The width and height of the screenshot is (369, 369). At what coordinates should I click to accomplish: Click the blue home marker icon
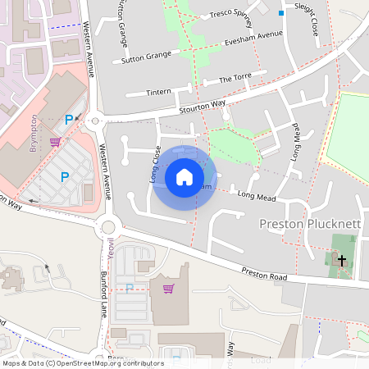click(184, 177)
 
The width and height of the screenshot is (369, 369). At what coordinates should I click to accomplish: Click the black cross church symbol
click(340, 260)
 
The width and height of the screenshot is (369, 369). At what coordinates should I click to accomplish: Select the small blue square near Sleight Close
click(281, 13)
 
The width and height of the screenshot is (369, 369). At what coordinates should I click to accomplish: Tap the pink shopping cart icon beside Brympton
click(55, 141)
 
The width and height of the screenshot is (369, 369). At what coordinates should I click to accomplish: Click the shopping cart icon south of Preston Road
click(168, 288)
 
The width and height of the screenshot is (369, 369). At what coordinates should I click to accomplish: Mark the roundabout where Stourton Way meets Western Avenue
click(96, 121)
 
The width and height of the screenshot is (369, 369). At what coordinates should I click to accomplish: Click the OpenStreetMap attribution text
click(83, 363)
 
